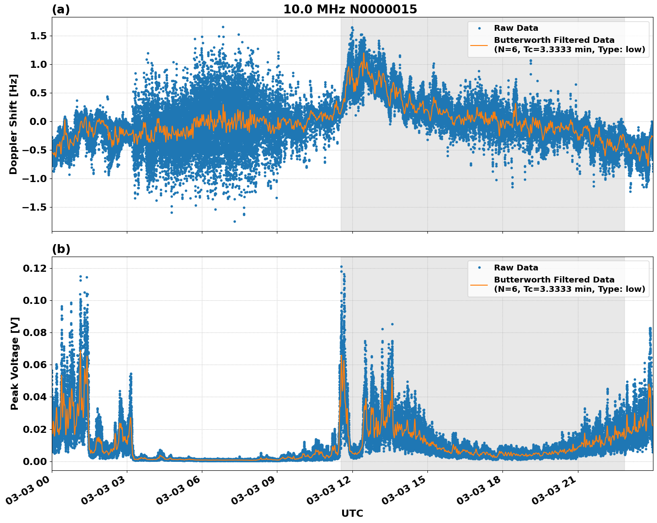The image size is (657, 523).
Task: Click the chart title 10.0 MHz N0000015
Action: [x=350, y=9]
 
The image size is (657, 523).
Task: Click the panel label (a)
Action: [x=61, y=9]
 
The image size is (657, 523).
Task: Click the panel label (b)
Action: [x=61, y=249]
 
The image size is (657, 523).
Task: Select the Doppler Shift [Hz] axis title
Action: [x=13, y=124]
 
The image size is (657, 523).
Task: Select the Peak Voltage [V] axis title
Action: [x=15, y=363]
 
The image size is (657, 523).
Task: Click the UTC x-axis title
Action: [x=352, y=513]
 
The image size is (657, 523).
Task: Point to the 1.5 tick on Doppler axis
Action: [x=38, y=36]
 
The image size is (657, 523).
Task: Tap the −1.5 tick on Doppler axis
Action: [x=35, y=207]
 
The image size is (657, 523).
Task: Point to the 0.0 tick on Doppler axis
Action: [x=38, y=121]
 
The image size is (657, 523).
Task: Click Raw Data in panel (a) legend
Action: [x=516, y=28]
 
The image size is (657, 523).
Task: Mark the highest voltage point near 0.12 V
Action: [x=341, y=267]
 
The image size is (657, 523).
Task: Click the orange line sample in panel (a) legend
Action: [x=479, y=45]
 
